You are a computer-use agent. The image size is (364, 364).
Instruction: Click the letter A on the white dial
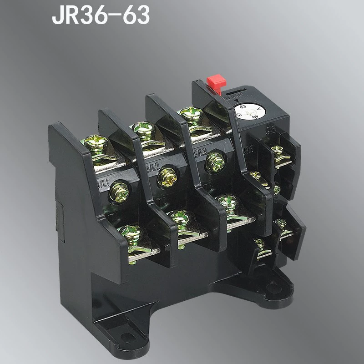coord(258,108)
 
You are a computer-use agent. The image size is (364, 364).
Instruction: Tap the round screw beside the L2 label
coord(167,177)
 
